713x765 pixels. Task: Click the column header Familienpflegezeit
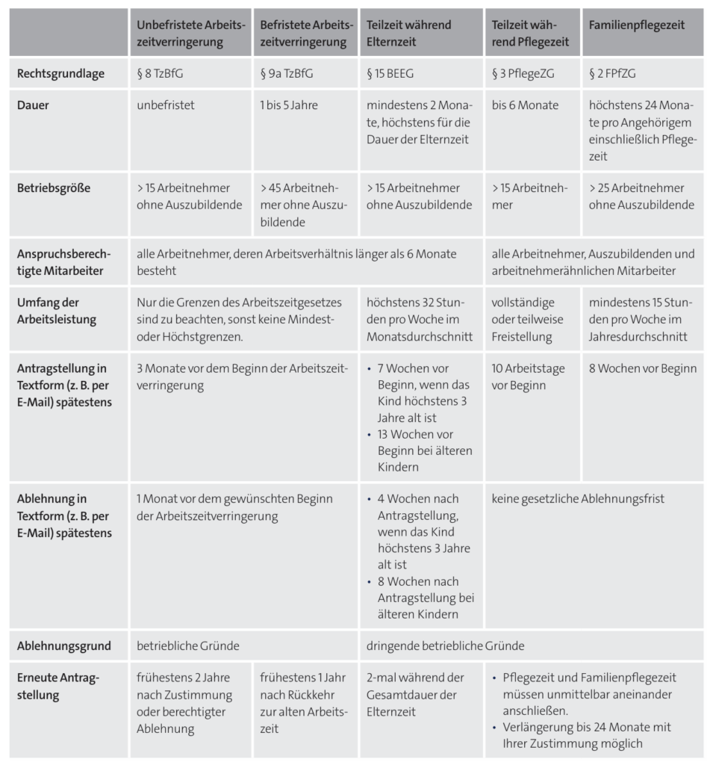point(636,25)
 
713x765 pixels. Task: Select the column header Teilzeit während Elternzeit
point(408,34)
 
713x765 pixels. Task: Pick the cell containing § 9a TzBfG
point(286,74)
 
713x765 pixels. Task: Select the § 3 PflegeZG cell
point(523,74)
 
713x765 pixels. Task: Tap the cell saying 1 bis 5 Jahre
point(289,105)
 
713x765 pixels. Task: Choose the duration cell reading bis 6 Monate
point(525,105)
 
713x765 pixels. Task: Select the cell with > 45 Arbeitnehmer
point(303,205)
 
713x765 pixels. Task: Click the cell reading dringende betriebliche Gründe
point(446,645)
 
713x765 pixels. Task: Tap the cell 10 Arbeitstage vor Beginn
point(528,377)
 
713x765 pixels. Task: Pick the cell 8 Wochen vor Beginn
point(642,368)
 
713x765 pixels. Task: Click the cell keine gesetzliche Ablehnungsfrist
point(578,498)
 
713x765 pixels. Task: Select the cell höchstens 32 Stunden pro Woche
point(420,319)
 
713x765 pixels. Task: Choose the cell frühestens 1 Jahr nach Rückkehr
point(303,702)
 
